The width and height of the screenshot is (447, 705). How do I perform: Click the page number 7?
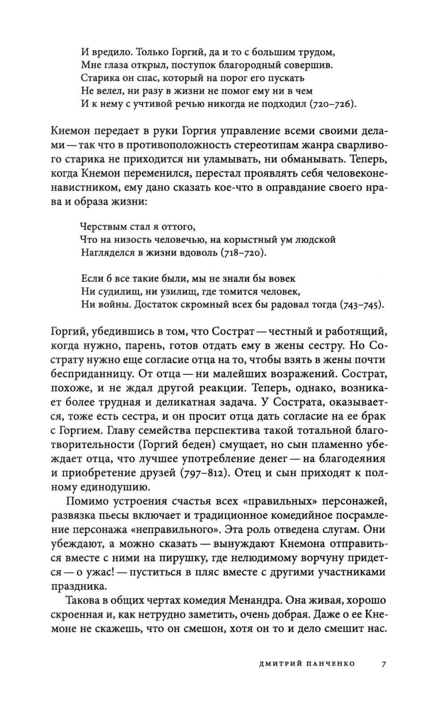(x=384, y=663)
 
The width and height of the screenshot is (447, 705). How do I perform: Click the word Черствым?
(x=100, y=227)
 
